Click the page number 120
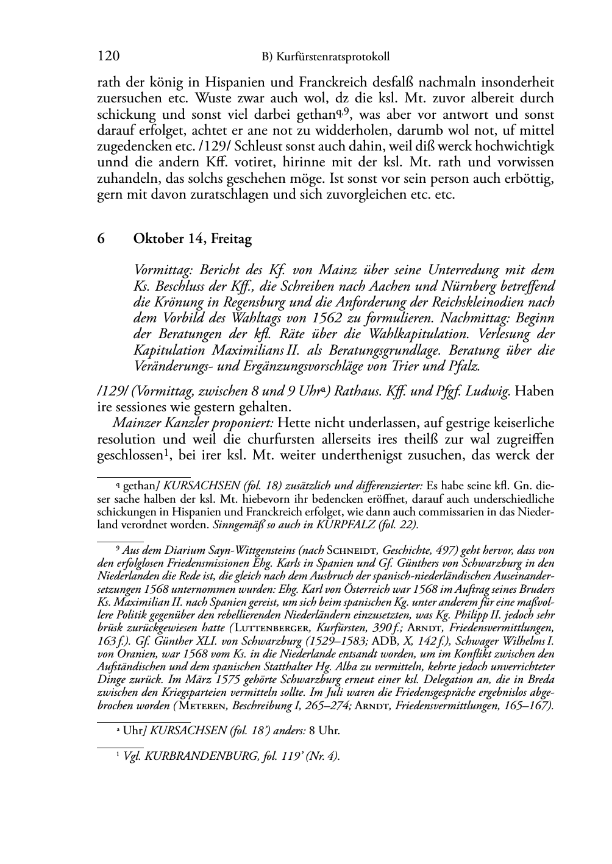[108, 57]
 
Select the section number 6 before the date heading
[101, 239]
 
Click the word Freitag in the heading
[231, 239]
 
